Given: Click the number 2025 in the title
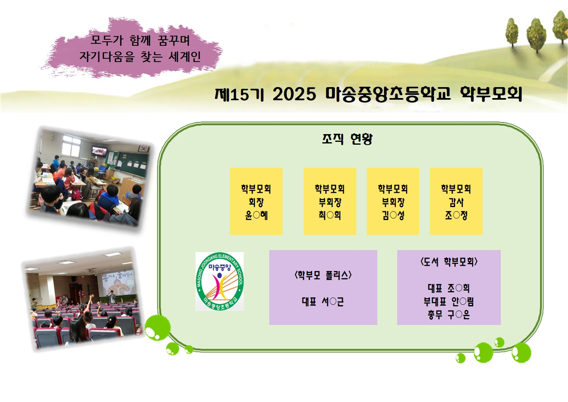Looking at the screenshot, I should (294, 94).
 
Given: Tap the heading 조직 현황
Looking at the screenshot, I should (347, 139).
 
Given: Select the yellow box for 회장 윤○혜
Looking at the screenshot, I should (256, 201).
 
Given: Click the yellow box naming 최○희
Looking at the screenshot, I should (330, 201).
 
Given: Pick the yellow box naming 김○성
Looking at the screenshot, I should (393, 201).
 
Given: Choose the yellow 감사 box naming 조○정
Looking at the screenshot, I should (456, 201).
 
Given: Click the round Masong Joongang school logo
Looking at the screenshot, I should (219, 282).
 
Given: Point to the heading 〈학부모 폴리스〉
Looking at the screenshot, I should (323, 276).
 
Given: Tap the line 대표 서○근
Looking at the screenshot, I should (323, 301).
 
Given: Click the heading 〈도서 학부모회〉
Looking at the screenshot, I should (449, 262).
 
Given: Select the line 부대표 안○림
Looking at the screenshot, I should (449, 301).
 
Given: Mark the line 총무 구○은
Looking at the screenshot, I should (449, 314).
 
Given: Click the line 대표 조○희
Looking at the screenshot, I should (449, 288).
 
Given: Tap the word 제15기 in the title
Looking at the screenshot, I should (239, 94).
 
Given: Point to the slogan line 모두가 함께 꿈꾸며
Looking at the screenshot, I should (140, 40).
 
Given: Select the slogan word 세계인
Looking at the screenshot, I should (185, 57).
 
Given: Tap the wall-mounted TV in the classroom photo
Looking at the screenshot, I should (99, 151).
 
